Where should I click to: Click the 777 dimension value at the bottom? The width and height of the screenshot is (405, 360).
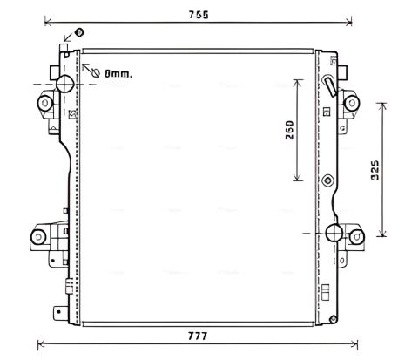198,336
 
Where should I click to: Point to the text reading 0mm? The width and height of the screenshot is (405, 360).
118,73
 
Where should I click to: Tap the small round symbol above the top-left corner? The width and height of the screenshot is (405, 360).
79,32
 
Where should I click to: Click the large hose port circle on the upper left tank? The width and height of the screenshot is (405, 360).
65,85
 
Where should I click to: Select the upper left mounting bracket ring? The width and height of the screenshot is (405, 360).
44,105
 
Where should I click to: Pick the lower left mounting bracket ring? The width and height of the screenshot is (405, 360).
39,236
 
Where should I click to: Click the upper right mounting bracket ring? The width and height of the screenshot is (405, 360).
354,102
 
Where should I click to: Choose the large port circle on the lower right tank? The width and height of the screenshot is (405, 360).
334,233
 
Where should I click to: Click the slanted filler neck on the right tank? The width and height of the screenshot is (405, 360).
328,86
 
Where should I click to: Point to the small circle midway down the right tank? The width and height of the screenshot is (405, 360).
327,180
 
